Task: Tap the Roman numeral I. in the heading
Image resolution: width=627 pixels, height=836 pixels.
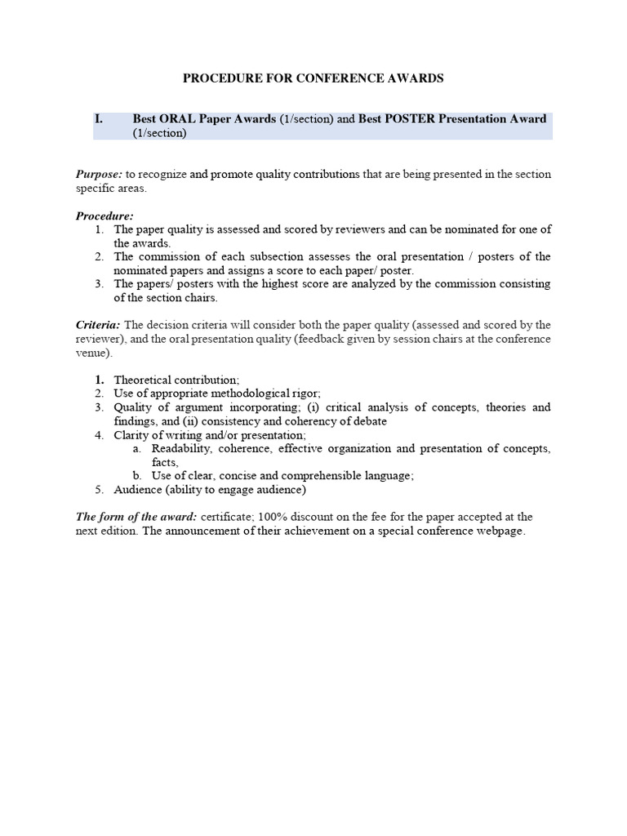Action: tap(99, 119)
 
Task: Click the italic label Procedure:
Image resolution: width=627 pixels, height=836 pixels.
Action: tap(104, 216)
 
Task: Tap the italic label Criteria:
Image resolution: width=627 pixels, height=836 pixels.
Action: tap(98, 325)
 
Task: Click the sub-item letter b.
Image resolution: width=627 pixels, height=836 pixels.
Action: tap(137, 476)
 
